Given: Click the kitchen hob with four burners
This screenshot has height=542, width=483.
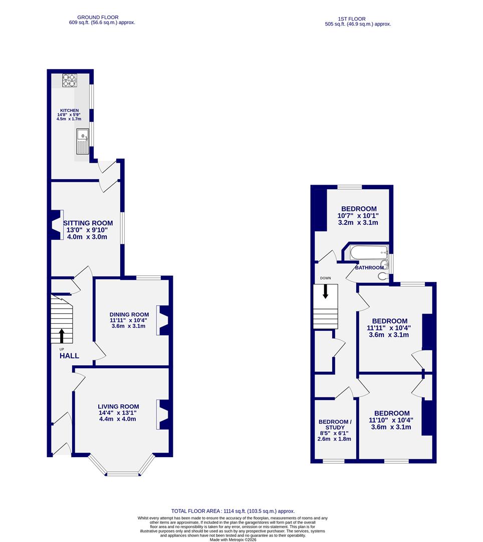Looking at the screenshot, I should (x=69, y=80).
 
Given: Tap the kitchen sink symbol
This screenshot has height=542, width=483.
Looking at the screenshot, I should (x=82, y=141).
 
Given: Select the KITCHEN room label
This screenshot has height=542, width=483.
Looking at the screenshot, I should (x=70, y=110).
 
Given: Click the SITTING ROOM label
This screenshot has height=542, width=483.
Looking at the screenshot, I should (x=88, y=223).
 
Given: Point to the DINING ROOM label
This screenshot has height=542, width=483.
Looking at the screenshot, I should (x=129, y=315).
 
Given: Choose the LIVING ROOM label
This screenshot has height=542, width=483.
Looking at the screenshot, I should (x=118, y=406).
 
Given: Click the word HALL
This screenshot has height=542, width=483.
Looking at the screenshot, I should (x=69, y=356).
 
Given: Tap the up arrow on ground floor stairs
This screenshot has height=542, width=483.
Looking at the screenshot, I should (x=62, y=336).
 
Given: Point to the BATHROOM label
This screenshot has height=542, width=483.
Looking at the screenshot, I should (x=369, y=268).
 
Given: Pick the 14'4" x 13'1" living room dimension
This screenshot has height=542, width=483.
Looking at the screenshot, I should (x=118, y=413).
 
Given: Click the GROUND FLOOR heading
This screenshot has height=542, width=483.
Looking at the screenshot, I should (x=102, y=16).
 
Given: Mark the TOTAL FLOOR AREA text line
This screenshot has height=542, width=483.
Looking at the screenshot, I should (x=233, y=511).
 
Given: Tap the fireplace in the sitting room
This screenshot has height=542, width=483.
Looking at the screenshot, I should (x=56, y=224).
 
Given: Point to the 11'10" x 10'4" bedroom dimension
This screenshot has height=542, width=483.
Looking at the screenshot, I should (x=391, y=421).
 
